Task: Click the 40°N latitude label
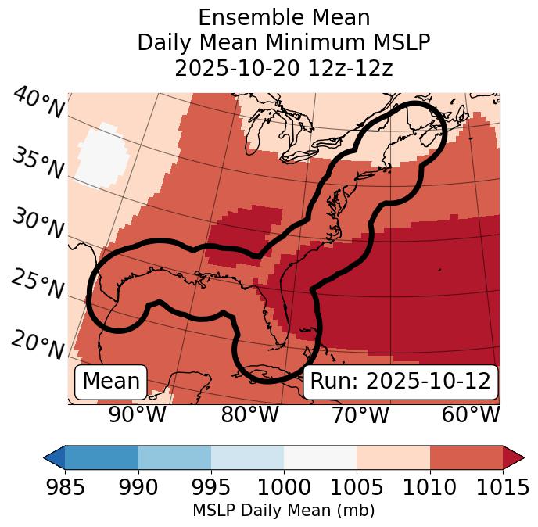38,103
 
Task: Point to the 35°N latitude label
38,163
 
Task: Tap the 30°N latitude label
38,225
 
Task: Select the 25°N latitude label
38,285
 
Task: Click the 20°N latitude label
38,344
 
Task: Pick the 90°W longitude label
138,414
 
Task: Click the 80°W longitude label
249,414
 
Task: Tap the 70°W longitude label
360,414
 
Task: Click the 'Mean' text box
111,382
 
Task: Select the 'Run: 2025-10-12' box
400,382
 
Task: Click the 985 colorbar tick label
64,487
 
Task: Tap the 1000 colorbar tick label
283,487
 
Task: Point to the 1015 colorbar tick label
503,487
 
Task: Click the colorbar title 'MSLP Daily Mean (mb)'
283,511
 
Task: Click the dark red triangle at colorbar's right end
513,457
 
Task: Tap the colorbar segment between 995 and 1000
247,457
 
